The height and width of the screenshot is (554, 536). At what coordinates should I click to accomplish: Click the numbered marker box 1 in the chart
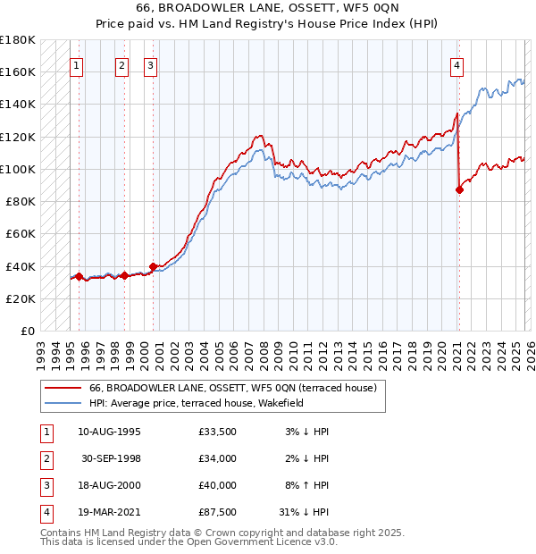pyautogui.click(x=78, y=64)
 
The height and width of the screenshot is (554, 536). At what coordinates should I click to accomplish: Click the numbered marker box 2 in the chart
pyautogui.click(x=121, y=64)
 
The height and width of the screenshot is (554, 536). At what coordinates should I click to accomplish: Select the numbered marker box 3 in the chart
pyautogui.click(x=150, y=64)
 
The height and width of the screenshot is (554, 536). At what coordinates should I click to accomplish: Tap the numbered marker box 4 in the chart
pyautogui.click(x=456, y=64)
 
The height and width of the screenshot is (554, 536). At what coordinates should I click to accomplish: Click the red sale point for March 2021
pyautogui.click(x=459, y=189)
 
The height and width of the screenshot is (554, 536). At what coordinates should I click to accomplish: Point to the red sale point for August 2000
pyautogui.click(x=153, y=266)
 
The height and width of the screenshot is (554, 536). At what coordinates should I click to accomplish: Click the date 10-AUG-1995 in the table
pyautogui.click(x=109, y=432)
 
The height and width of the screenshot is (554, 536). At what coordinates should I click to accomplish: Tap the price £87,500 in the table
pyautogui.click(x=218, y=512)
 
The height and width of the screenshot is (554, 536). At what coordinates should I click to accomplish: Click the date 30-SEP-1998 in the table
pyautogui.click(x=111, y=458)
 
